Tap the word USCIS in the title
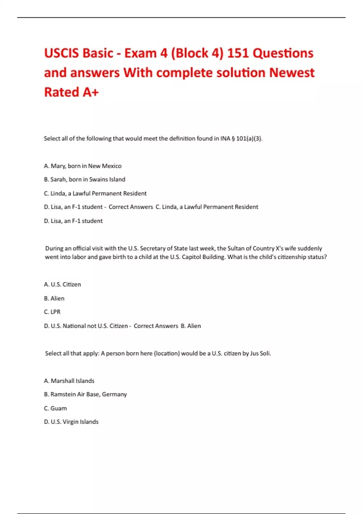(62, 53)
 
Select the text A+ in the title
(91, 92)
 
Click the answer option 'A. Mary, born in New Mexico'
(83, 166)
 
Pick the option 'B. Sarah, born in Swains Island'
(84, 180)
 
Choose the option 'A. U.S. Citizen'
(62, 285)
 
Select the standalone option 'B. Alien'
(54, 298)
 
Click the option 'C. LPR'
(52, 312)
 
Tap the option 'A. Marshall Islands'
(69, 381)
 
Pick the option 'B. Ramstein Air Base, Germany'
(85, 395)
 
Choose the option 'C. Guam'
(55, 408)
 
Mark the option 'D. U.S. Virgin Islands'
(71, 422)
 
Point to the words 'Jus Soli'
(260, 353)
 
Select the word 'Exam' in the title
(141, 53)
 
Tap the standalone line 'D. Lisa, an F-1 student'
(73, 221)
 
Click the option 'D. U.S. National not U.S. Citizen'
(86, 326)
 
